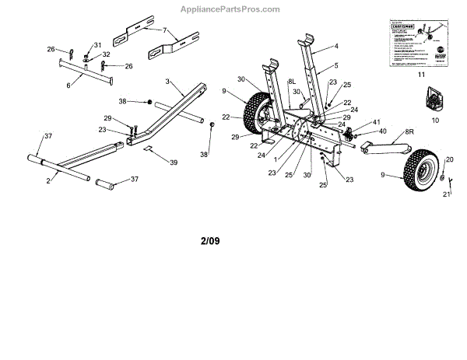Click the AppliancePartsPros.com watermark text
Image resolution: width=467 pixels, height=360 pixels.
coord(233,9)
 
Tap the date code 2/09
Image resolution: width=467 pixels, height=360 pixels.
coord(210,240)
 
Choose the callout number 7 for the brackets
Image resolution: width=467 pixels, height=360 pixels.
coord(164,30)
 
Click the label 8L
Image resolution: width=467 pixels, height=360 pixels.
coord(292,81)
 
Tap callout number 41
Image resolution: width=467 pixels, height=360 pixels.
coord(376,122)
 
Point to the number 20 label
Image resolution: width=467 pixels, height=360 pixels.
coord(450,159)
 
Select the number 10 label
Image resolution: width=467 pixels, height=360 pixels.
coord(434,121)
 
